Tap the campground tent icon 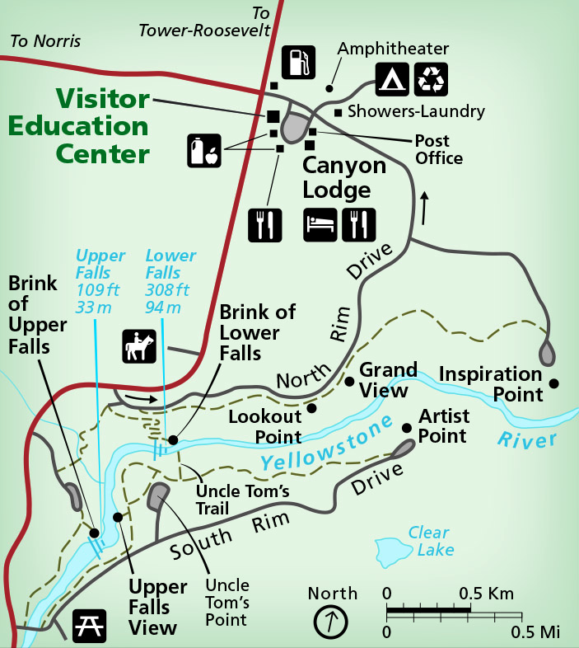click(392, 78)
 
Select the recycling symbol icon click(432, 78)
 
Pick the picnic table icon click(88, 626)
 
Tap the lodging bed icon click(320, 223)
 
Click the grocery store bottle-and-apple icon click(203, 150)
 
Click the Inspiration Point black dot click(554, 383)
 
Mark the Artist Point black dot click(406, 427)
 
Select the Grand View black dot click(349, 381)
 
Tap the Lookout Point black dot click(311, 407)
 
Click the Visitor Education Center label click(79, 126)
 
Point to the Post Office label click(439, 149)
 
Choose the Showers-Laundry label click(417, 111)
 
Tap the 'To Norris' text click(45, 40)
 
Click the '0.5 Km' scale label click(486, 593)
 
